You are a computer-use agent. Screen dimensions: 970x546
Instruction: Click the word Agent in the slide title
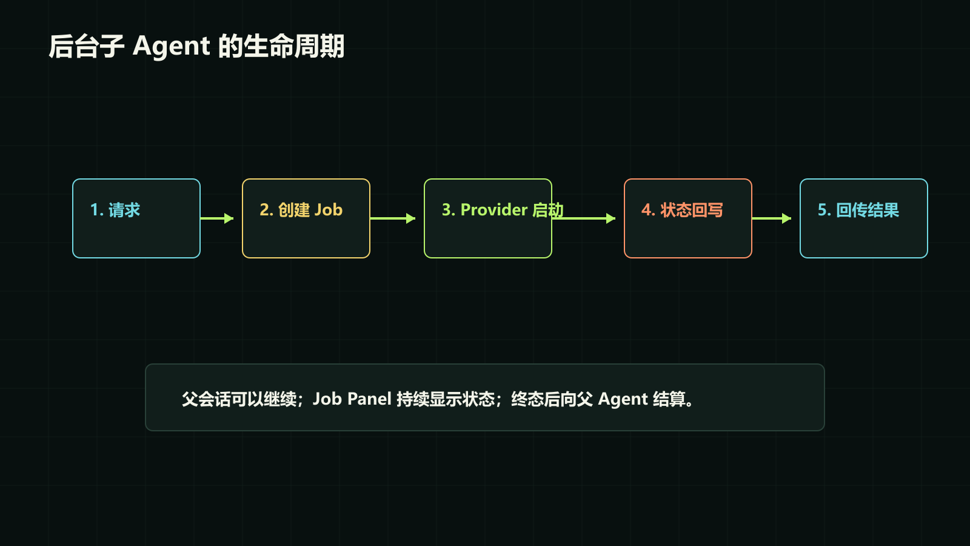172,47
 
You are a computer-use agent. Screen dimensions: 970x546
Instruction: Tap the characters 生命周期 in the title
294,46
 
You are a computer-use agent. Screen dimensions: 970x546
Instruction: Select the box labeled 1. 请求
136,218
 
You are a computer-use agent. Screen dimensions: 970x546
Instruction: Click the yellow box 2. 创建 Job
306,218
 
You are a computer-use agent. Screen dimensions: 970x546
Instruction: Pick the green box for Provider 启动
488,218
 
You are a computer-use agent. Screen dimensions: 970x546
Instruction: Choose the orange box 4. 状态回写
688,218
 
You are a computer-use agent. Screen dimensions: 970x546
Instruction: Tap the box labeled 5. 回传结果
864,218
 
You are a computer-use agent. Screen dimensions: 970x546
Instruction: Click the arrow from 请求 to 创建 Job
217,218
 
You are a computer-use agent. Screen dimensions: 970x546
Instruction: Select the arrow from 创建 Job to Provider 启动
393,218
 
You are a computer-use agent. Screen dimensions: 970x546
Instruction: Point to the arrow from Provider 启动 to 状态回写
584,218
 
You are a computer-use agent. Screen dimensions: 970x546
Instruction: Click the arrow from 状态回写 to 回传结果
772,218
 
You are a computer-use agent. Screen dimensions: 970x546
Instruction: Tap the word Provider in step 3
494,210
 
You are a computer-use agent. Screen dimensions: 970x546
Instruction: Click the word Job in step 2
329,210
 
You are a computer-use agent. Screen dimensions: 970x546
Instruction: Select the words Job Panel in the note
352,399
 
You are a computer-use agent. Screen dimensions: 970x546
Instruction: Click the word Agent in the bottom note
623,399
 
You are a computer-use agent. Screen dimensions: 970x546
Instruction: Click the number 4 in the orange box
646,210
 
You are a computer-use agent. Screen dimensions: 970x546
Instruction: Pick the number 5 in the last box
822,210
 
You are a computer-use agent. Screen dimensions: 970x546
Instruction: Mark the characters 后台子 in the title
86,46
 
